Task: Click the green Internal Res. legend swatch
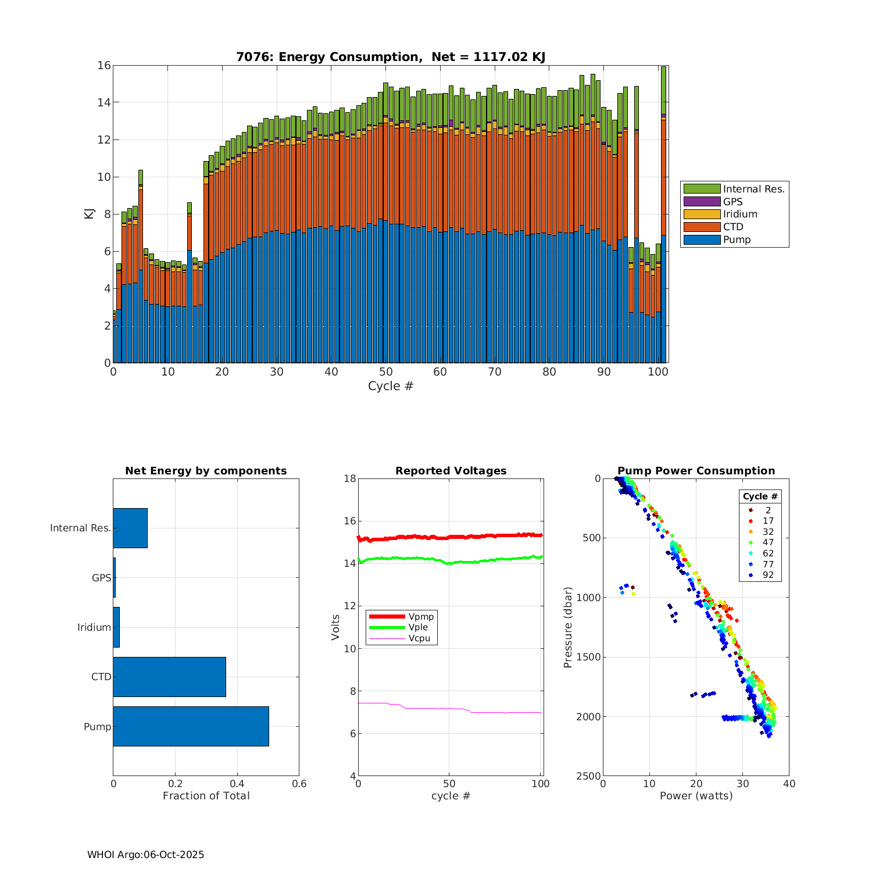tap(702, 189)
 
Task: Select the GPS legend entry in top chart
tap(732, 202)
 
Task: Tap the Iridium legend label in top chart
tap(740, 215)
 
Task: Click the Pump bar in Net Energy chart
tap(191, 726)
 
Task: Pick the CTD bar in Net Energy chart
tap(169, 677)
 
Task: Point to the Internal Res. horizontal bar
tap(130, 528)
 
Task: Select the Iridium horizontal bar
tap(116, 627)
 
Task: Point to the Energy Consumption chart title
tap(391, 57)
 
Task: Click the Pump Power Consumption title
tap(696, 471)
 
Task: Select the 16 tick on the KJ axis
tap(104, 65)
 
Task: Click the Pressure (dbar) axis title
tap(568, 627)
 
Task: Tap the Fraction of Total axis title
tap(206, 796)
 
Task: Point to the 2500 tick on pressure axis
tap(589, 776)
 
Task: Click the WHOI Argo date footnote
tap(146, 855)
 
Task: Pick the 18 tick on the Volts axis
tap(349, 478)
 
